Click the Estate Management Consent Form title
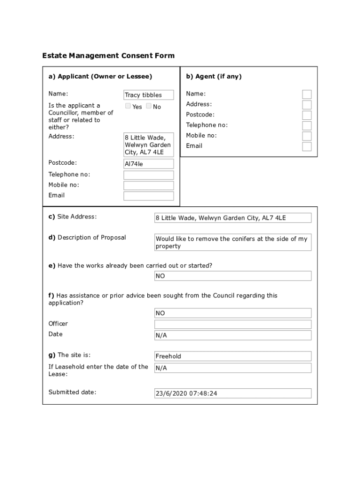click(108, 56)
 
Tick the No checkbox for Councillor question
click(149, 106)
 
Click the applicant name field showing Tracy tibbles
click(149, 95)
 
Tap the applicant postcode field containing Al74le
click(149, 164)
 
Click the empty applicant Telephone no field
click(149, 175)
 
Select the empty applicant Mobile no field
click(149, 185)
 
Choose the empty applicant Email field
click(149, 196)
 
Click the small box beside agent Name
click(307, 94)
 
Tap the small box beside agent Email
click(307, 146)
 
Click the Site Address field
click(233, 218)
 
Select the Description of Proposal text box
click(233, 242)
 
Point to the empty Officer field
click(233, 324)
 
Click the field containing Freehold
click(233, 356)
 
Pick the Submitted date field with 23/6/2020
click(233, 393)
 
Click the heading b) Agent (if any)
click(214, 76)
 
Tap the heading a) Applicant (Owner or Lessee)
click(100, 76)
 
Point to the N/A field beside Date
click(233, 335)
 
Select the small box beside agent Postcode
click(307, 115)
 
